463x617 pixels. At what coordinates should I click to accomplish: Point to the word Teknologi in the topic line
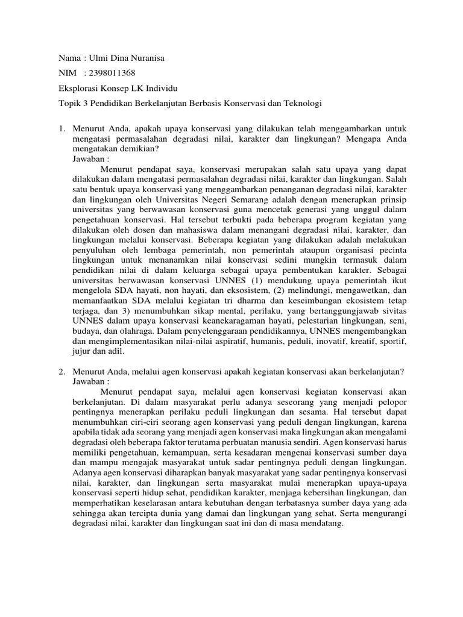click(301, 104)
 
